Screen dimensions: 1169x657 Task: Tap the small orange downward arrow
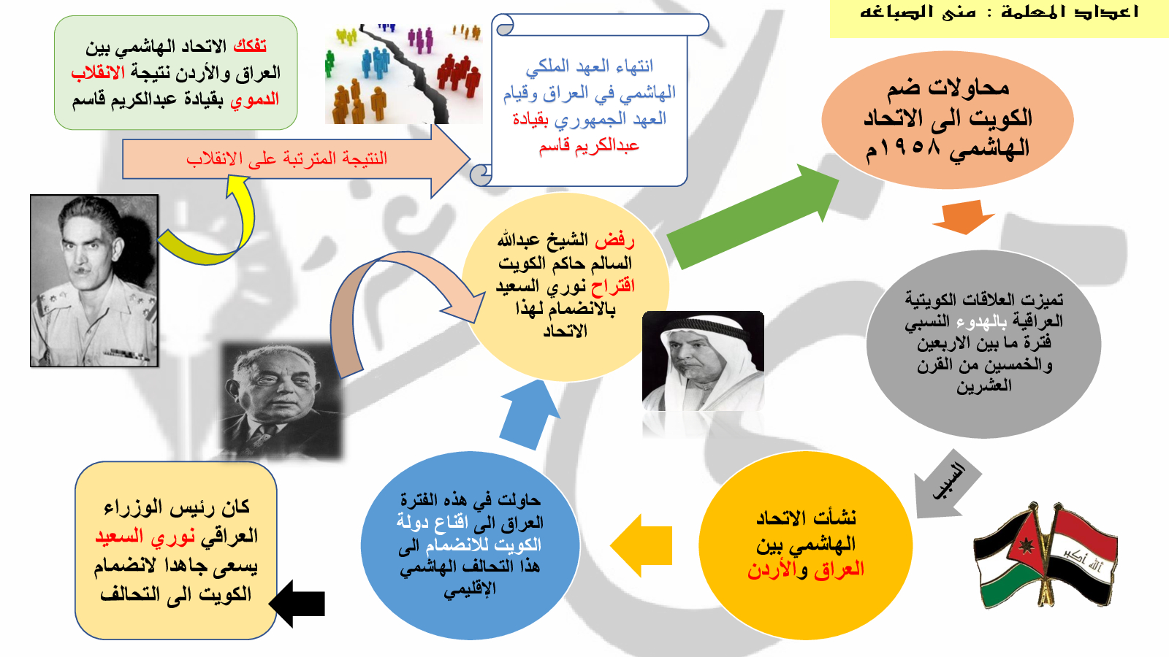tap(964, 216)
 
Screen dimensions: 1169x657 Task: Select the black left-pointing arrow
tap(297, 603)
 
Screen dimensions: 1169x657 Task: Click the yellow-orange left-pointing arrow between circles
tap(641, 545)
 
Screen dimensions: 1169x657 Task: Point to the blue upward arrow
tap(529, 415)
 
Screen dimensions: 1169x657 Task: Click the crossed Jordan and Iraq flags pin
tap(1046, 556)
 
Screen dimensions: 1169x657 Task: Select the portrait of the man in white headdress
tap(703, 361)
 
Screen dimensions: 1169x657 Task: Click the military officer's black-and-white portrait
tap(94, 281)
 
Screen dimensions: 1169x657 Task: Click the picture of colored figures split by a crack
tap(403, 74)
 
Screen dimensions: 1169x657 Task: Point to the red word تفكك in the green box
tap(250, 46)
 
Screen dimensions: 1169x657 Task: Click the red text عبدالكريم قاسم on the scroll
tap(589, 145)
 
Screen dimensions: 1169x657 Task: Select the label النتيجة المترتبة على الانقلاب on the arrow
tap(286, 158)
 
